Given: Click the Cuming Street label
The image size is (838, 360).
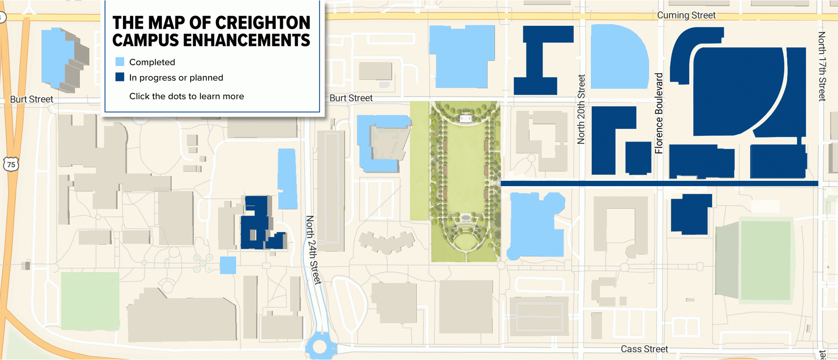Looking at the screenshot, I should click(686, 15).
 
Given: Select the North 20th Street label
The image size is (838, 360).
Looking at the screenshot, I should click(581, 109).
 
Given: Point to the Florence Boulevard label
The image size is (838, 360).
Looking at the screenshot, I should click(658, 114).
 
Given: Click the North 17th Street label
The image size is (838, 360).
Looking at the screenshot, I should click(822, 66).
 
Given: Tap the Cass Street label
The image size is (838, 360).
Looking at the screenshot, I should click(644, 349).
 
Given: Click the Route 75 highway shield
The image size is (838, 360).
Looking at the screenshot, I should click(11, 164).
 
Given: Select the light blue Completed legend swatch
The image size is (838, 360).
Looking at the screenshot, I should click(120, 62).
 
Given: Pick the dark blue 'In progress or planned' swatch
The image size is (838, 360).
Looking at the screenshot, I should click(120, 77).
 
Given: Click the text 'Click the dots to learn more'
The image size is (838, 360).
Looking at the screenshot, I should click(187, 96).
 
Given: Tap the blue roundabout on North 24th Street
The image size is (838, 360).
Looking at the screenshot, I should click(320, 347).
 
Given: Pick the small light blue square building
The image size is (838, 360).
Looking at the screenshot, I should click(228, 265).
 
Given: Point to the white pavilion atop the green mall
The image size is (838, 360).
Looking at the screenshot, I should click(465, 118).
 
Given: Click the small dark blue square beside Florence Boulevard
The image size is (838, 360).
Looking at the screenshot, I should click(638, 157).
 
